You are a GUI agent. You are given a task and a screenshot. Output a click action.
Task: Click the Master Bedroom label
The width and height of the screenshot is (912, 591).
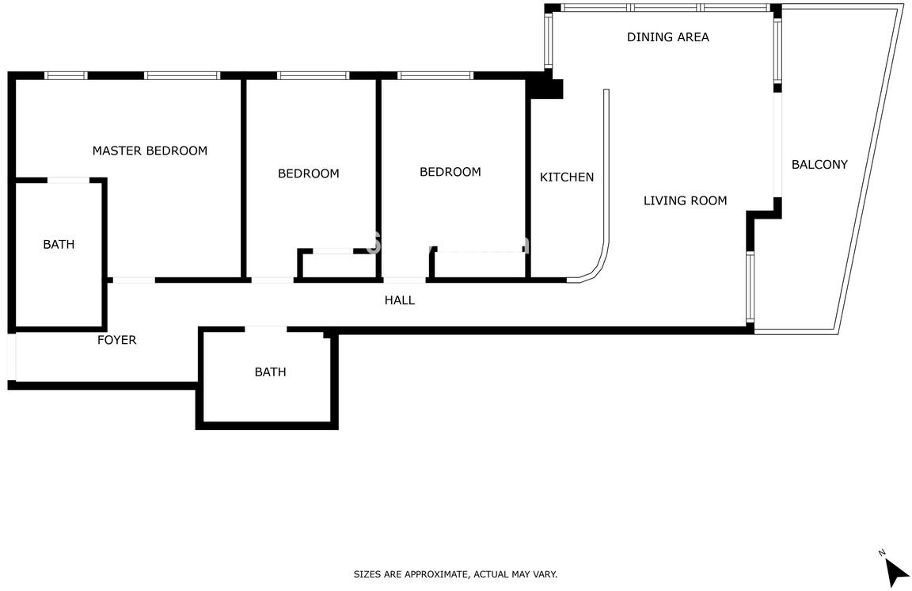(150, 151)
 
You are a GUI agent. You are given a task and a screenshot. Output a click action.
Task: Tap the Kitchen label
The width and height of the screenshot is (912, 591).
(567, 177)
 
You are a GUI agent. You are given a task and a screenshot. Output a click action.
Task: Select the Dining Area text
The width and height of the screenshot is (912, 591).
(667, 37)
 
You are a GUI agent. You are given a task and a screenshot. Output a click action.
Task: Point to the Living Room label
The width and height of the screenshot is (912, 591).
(685, 201)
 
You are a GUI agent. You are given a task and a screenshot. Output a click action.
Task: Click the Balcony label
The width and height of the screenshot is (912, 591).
(819, 165)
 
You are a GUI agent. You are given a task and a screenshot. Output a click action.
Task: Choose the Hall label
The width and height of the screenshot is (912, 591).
(400, 300)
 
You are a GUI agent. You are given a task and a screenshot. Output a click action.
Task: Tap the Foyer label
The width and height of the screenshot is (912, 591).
(117, 340)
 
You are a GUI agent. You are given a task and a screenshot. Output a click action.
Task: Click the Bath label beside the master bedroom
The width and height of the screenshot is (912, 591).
(59, 245)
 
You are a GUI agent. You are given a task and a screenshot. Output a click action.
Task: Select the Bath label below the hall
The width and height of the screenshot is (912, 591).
(271, 372)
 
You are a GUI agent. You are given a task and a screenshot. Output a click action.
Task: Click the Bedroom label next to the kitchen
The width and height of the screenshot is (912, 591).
(450, 172)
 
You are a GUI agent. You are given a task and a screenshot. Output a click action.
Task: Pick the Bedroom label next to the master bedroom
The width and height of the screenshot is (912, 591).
(308, 173)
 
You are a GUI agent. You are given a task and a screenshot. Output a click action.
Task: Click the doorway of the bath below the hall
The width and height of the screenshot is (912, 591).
(266, 330)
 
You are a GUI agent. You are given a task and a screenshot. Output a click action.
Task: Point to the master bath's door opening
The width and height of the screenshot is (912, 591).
(68, 181)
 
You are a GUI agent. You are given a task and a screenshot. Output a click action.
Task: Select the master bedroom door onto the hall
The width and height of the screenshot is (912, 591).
(134, 280)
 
